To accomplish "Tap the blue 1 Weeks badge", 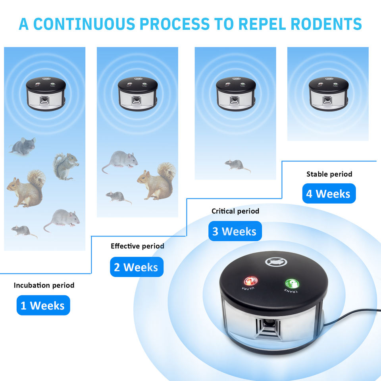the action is point(43,306).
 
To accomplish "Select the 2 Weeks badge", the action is point(137,267).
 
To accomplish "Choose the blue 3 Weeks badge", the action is point(235,231).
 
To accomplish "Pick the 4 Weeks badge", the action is point(329,194).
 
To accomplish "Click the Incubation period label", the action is point(44,285).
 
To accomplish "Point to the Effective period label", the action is point(137,246).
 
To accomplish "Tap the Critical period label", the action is point(235,211).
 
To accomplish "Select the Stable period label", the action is point(329,174).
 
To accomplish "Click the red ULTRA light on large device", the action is point(250,281).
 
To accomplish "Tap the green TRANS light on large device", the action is point(292,284).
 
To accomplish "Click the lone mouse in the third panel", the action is point(237,165).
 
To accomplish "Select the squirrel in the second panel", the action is point(158,181).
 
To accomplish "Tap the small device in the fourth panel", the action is point(328,94).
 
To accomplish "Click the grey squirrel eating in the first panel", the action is point(66,166).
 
